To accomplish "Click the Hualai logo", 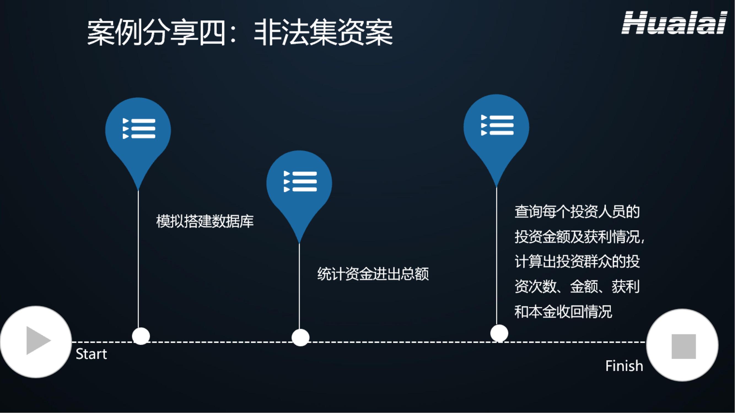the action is [x=674, y=23].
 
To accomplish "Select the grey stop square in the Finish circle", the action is [x=684, y=347].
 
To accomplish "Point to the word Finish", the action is [x=624, y=366].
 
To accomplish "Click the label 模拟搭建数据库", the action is [x=205, y=221].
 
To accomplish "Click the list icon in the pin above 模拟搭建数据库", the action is [x=139, y=129].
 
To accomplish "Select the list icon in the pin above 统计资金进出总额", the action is [x=300, y=181].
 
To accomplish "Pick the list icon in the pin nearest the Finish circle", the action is [x=497, y=125].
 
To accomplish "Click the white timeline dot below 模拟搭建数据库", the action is [x=141, y=336].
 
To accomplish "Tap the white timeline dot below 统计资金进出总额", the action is [x=300, y=338].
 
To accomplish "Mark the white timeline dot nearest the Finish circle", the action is [x=499, y=333].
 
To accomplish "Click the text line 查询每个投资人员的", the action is [x=577, y=212].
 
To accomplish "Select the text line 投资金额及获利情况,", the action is [x=579, y=237].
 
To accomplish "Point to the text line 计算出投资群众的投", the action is [x=577, y=262].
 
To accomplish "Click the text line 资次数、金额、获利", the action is [x=577, y=287].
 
